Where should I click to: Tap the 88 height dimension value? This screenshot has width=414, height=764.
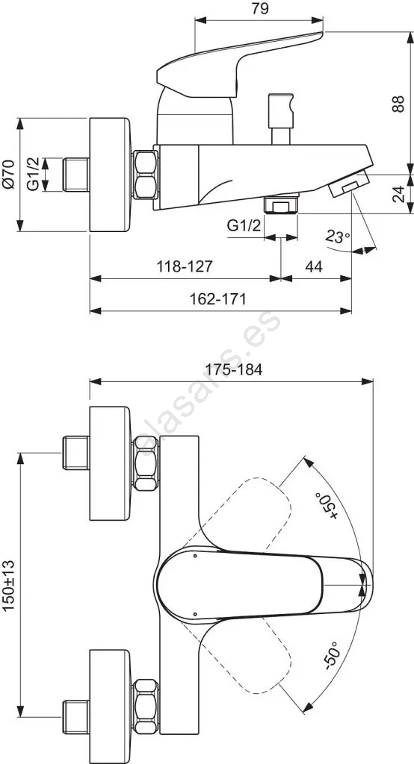[398, 104]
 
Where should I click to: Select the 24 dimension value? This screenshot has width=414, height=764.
[398, 193]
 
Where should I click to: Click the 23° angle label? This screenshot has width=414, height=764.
[339, 237]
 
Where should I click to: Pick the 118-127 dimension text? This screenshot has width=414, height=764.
[185, 266]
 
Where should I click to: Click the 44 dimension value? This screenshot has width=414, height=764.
[314, 266]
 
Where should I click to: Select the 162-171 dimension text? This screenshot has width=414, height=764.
[217, 298]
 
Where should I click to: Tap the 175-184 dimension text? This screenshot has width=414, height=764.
[234, 369]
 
